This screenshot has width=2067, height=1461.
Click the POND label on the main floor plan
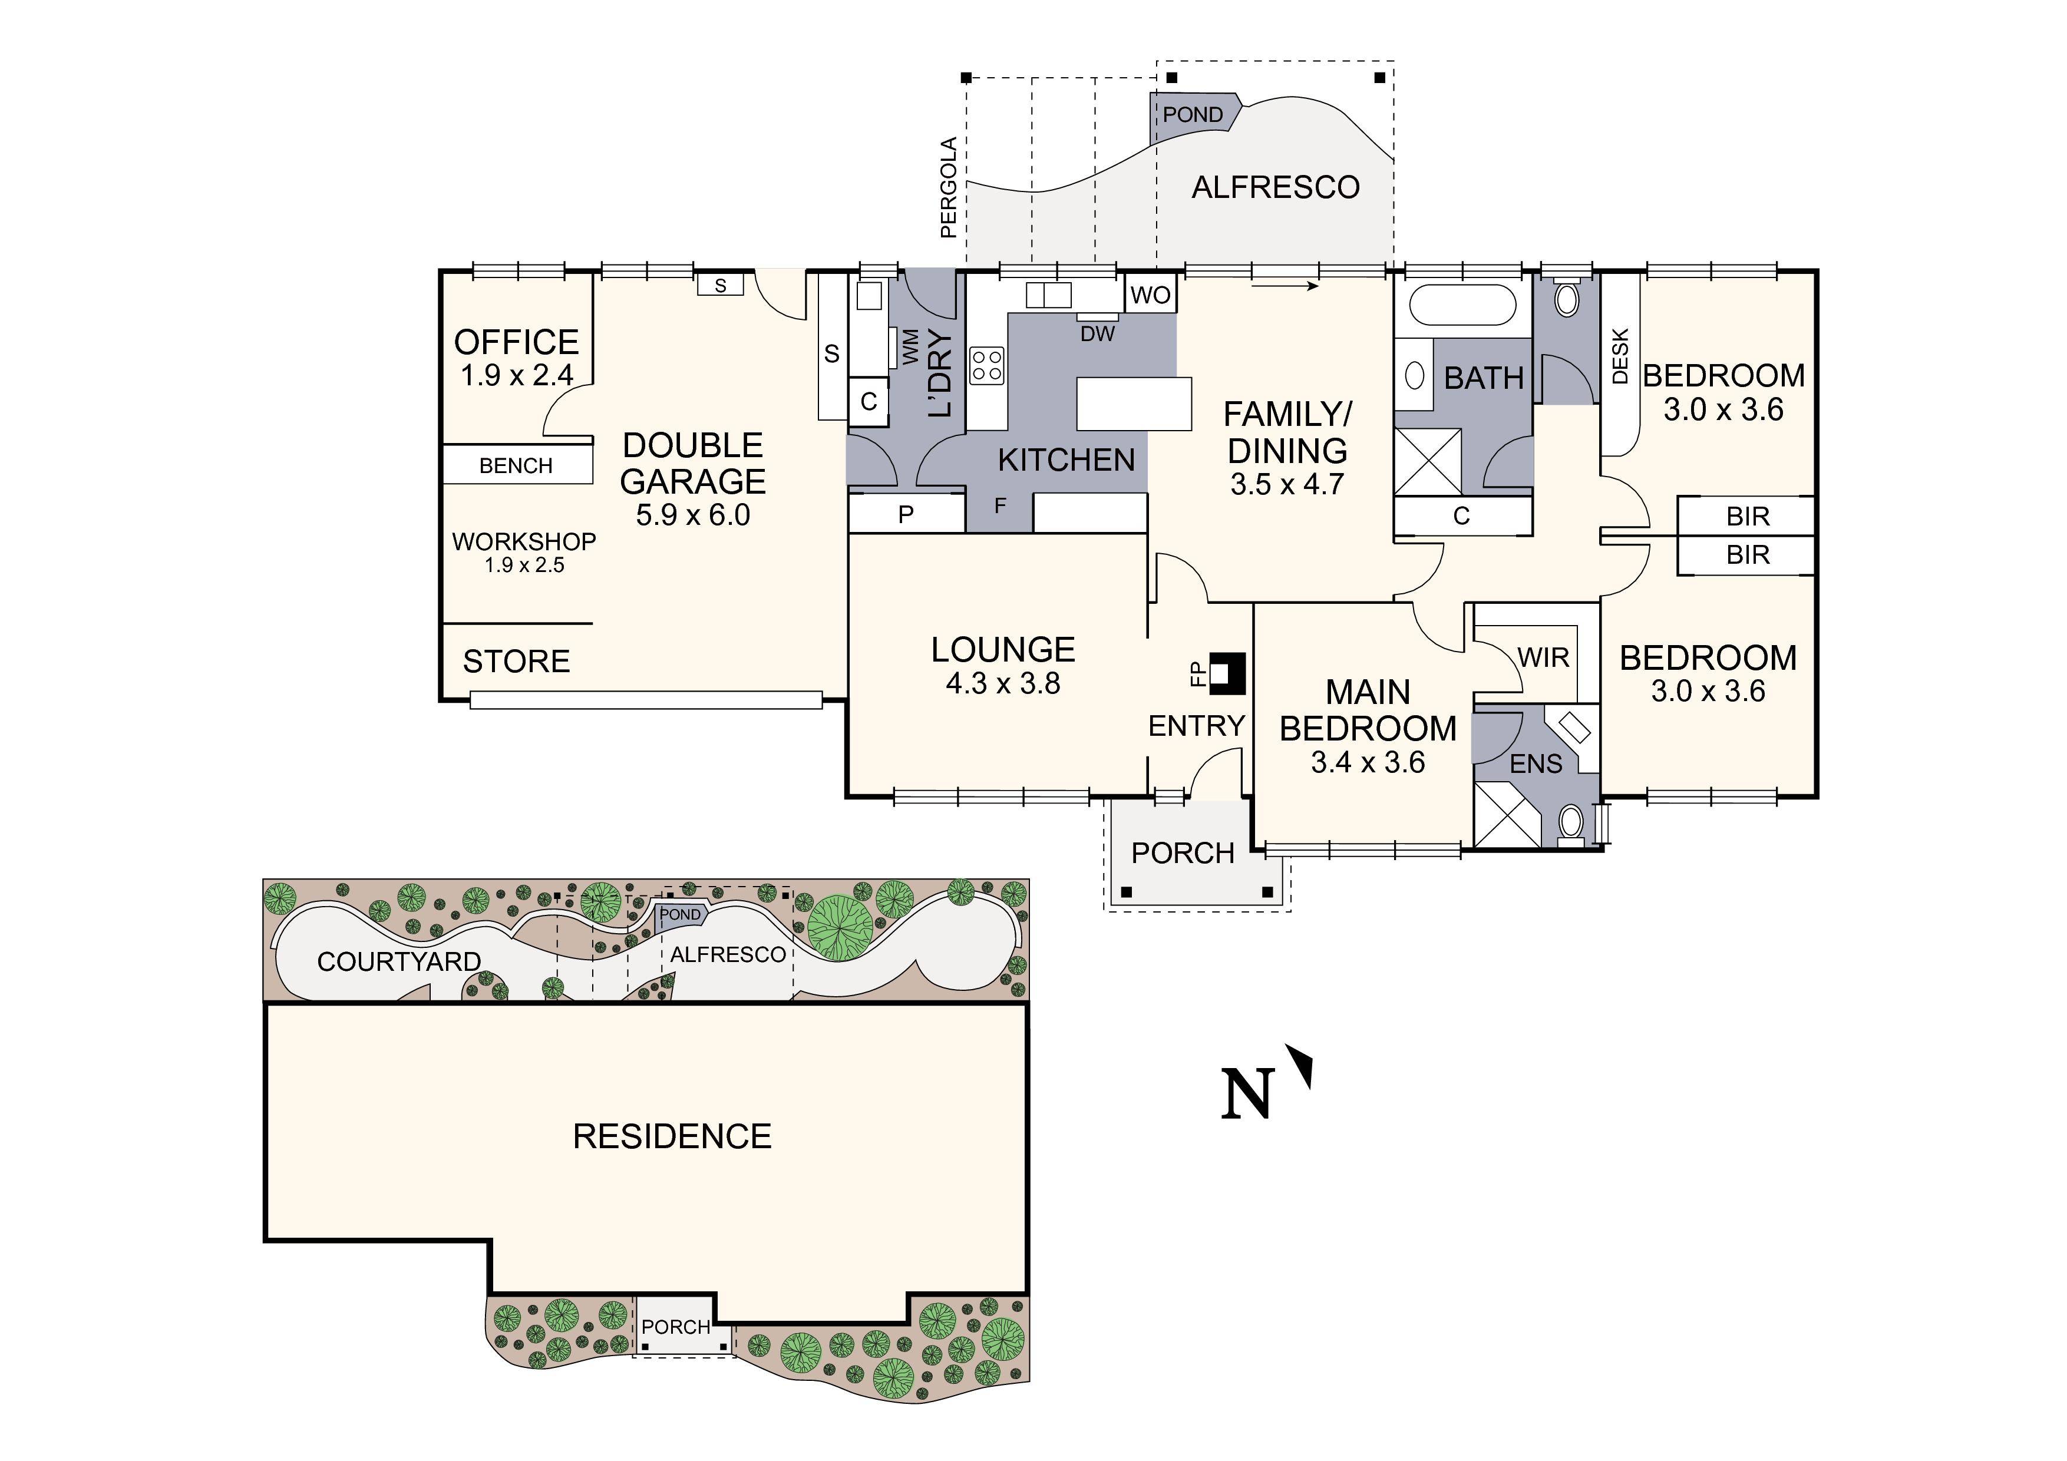pyautogui.click(x=1192, y=114)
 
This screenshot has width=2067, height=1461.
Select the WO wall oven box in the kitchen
pyautogui.click(x=1151, y=295)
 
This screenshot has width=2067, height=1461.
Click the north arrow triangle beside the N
pyautogui.click(x=1303, y=1065)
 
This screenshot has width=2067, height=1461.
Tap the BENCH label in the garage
pyautogui.click(x=516, y=465)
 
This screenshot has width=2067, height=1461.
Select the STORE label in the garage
pyautogui.click(x=516, y=662)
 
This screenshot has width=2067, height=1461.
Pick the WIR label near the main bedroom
pyautogui.click(x=1543, y=658)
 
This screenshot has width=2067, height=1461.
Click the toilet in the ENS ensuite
pyautogui.click(x=1571, y=824)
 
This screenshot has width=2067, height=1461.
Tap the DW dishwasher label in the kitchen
pyautogui.click(x=1097, y=334)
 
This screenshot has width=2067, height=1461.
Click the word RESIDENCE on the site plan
pyautogui.click(x=672, y=1137)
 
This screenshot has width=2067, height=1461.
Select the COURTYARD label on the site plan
pyautogui.click(x=399, y=961)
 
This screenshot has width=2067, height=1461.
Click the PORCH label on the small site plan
pyautogui.click(x=675, y=1327)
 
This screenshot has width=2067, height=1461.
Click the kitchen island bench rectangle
pyautogui.click(x=1134, y=404)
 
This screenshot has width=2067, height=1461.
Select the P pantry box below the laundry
pyautogui.click(x=906, y=514)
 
